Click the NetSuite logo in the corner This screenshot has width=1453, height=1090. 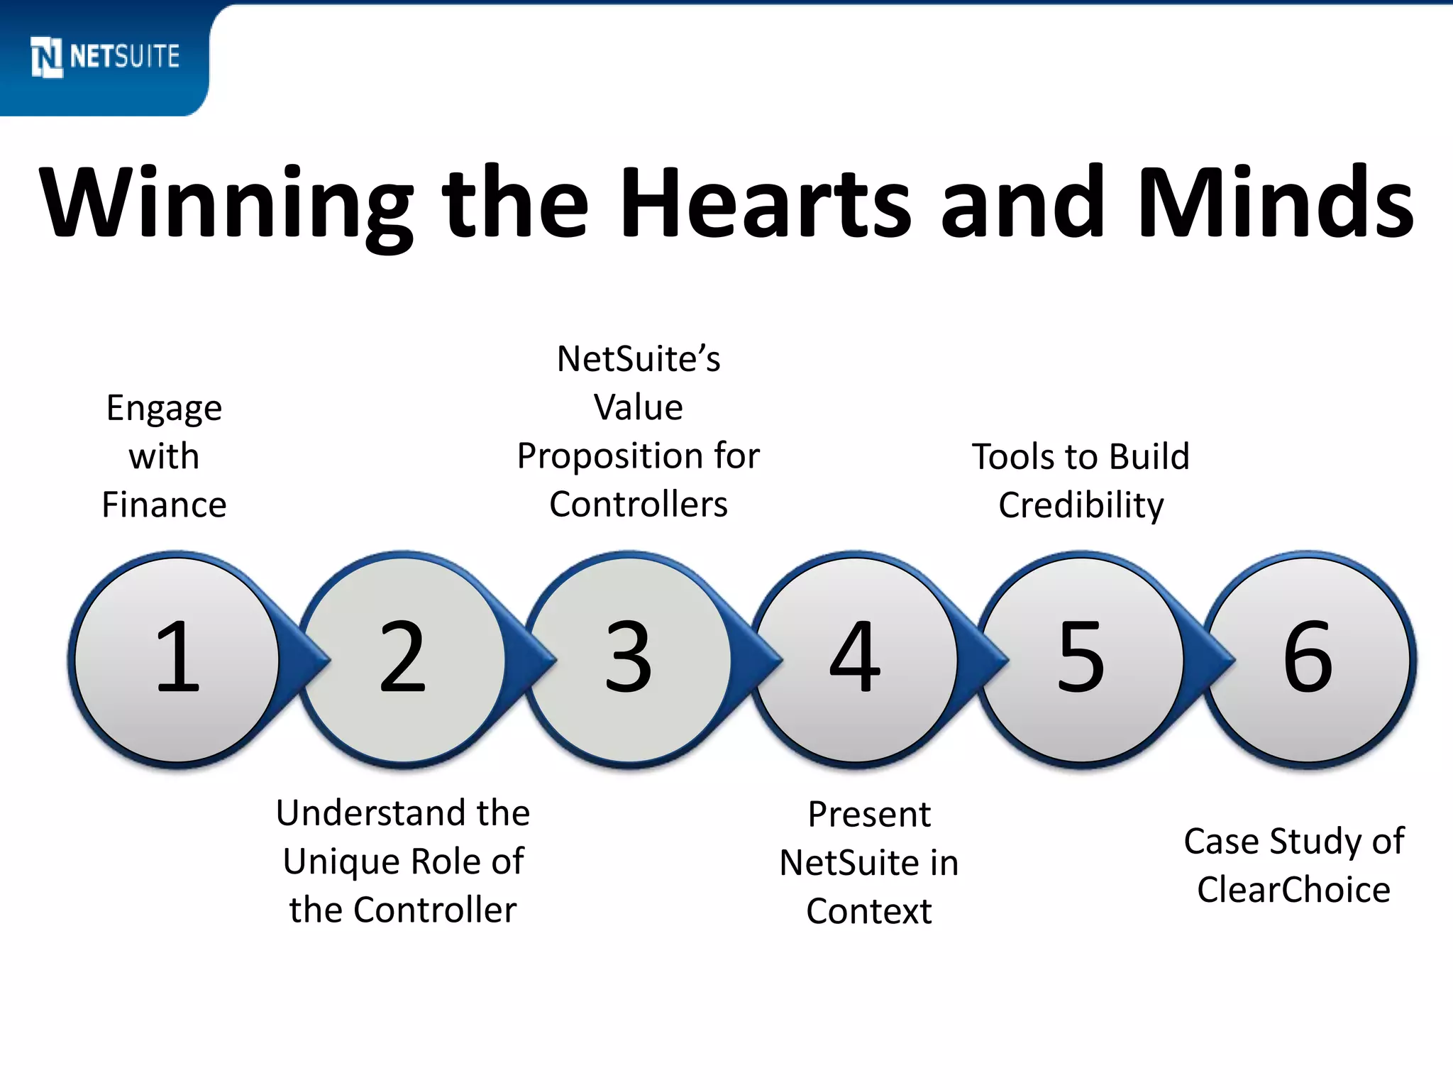(x=105, y=57)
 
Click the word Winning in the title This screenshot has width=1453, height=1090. (x=226, y=204)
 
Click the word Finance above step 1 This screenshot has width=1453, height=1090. (x=164, y=505)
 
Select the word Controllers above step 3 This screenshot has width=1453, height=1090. (x=639, y=505)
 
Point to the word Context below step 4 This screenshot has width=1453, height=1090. (x=868, y=911)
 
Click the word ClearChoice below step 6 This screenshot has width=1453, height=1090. (x=1293, y=890)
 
